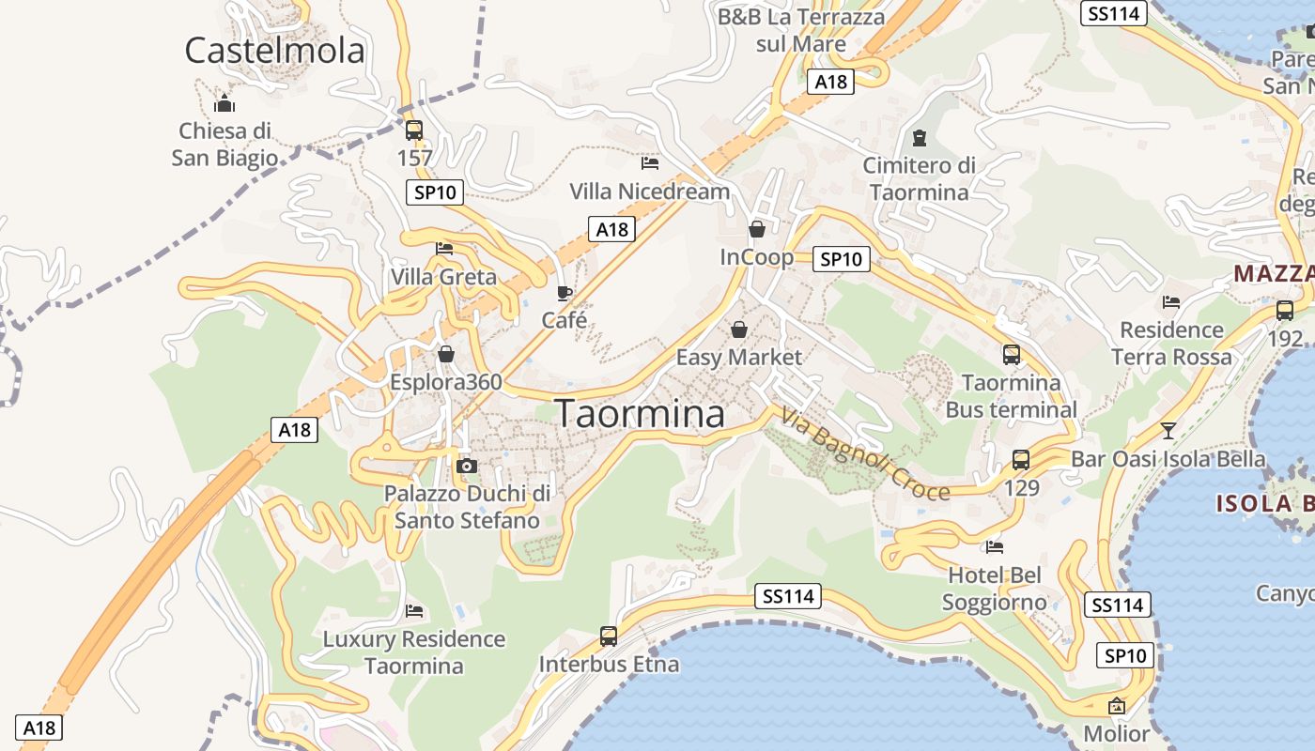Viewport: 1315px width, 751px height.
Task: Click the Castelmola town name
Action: tap(274, 50)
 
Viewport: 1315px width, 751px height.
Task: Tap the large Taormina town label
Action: tap(640, 413)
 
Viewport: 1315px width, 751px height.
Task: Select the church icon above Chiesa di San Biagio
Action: tap(224, 102)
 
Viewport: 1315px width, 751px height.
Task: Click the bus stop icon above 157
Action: tap(414, 130)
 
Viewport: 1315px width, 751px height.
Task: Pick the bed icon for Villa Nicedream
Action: tap(649, 163)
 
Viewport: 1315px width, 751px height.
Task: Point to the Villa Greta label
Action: tap(443, 277)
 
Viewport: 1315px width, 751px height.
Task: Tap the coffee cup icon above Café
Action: tap(564, 293)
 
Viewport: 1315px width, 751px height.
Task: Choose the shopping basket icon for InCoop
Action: tap(757, 229)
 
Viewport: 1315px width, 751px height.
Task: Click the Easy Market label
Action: tap(739, 357)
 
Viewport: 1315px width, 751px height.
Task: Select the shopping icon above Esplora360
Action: tap(446, 354)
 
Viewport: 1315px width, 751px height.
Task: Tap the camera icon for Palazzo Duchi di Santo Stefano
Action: tap(466, 466)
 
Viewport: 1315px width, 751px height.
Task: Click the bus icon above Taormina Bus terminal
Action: tap(1012, 355)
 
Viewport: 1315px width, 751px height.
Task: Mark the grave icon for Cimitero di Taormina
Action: tap(919, 138)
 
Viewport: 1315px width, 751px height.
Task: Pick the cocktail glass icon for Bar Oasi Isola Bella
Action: tap(1168, 431)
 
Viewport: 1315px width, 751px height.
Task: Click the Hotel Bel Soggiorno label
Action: tap(995, 589)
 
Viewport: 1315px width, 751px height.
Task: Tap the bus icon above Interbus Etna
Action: tap(609, 636)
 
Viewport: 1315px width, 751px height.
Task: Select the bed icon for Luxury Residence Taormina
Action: tap(414, 611)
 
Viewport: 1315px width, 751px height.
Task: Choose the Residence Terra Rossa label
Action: tap(1171, 344)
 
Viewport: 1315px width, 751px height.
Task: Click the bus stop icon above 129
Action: tap(1021, 460)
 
